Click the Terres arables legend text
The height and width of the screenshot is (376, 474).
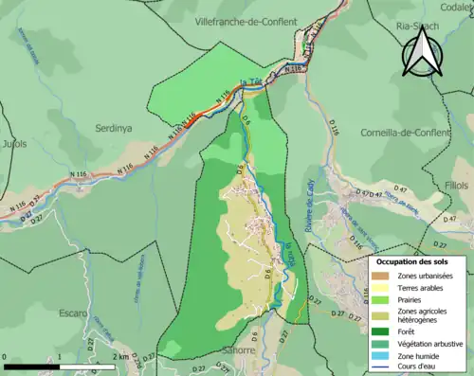pos(424,288)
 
